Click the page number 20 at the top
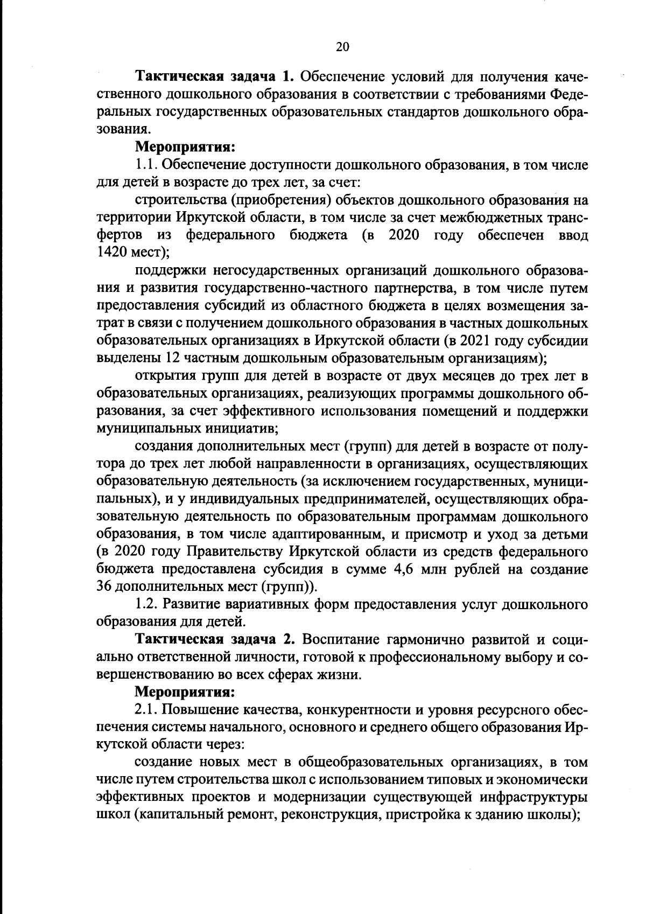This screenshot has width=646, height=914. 342,47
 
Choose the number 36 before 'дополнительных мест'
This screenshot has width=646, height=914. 103,587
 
